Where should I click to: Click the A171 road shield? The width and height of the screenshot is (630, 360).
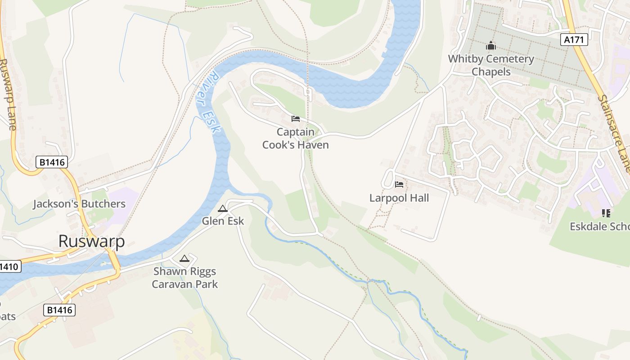pos(575,40)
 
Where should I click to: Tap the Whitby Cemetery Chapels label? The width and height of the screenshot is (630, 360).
pos(491,65)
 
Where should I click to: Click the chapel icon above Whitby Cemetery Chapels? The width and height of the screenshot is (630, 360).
pos(490,46)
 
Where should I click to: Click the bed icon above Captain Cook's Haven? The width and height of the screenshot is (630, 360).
pos(296,119)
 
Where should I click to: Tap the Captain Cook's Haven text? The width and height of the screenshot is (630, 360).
pos(296,139)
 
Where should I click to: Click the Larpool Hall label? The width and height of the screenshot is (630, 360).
pos(399,198)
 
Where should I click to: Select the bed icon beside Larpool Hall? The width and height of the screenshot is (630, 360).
pos(399,184)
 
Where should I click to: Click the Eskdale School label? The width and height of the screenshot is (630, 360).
pos(599,226)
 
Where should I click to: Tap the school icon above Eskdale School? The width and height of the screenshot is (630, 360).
pos(606,213)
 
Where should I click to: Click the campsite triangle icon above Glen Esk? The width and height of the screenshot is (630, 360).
pos(222,209)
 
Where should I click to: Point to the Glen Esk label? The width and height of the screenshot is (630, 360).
pos(223,221)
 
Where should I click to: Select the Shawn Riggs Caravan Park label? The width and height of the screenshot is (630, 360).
pos(184,278)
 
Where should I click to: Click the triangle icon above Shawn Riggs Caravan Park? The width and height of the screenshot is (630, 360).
pos(184,259)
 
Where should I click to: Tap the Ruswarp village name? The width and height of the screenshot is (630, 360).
pos(91,241)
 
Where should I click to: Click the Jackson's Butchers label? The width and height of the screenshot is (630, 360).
pos(79,204)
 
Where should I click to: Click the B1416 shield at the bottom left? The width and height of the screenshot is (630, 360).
pos(59,310)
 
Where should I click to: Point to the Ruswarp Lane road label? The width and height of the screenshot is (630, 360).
pos(9,94)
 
